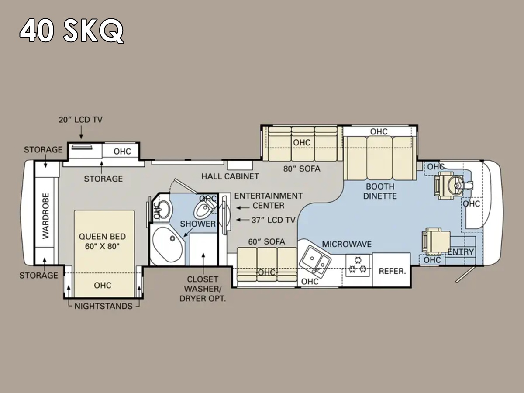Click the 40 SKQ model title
coord(72,30)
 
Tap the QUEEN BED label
coord(102,237)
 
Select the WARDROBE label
coord(45,216)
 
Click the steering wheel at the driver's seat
coord(456,185)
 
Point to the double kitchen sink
coord(315,260)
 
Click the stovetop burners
coord(357,265)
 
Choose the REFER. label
coord(392,271)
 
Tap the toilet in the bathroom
coord(204,209)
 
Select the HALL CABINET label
coord(230,176)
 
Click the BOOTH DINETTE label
coord(380,191)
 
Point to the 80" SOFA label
coord(302,169)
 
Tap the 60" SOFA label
coord(267,242)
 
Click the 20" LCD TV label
coord(81,120)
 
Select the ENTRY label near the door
coord(461,252)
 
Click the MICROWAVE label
coord(347,244)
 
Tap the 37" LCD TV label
coord(274,220)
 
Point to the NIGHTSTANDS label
coord(103,306)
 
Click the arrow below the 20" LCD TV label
coord(81,132)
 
